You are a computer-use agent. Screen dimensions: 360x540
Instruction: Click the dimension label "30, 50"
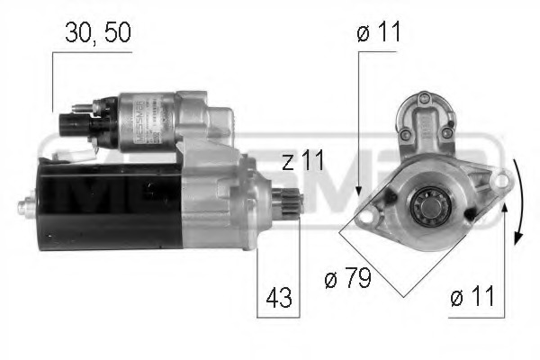click(98, 34)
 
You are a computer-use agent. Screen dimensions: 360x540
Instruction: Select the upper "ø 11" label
click(379, 34)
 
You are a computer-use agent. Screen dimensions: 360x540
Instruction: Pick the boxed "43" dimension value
click(279, 298)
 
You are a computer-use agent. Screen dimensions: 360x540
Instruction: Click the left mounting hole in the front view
click(364, 215)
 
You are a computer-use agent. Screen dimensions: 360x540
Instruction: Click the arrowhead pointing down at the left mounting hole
click(358, 192)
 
